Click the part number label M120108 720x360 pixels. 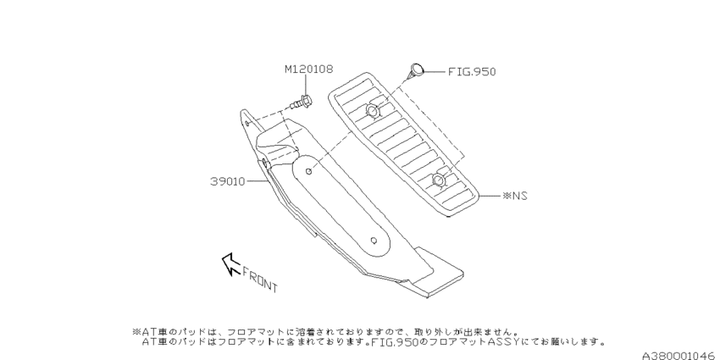[x=308, y=69]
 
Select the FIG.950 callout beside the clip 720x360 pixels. [x=472, y=72]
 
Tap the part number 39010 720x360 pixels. [x=228, y=181]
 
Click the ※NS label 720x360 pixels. [x=515, y=196]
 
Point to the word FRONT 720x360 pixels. [x=260, y=280]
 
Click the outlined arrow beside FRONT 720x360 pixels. [x=231, y=264]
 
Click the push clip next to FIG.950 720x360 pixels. [x=417, y=70]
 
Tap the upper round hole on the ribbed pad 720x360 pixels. [x=373, y=111]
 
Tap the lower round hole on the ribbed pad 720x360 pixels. [x=439, y=180]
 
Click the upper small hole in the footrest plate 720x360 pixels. [x=309, y=171]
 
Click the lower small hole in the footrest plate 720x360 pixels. [x=374, y=241]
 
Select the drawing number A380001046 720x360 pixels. [x=680, y=356]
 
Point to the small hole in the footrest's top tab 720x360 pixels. [x=247, y=123]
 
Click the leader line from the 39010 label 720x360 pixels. [x=258, y=181]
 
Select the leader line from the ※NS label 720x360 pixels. [x=490, y=196]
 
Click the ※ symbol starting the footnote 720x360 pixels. [x=136, y=331]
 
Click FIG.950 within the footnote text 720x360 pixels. [x=395, y=342]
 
